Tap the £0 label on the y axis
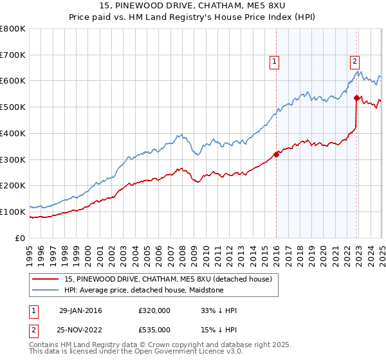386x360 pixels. [21, 238]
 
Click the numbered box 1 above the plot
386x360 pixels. [275, 62]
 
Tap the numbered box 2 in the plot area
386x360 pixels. [354, 62]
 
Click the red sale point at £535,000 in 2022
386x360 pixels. [356, 98]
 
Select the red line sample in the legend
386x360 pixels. [46, 279]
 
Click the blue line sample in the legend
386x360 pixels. [46, 290]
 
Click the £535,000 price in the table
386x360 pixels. [154, 329]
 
